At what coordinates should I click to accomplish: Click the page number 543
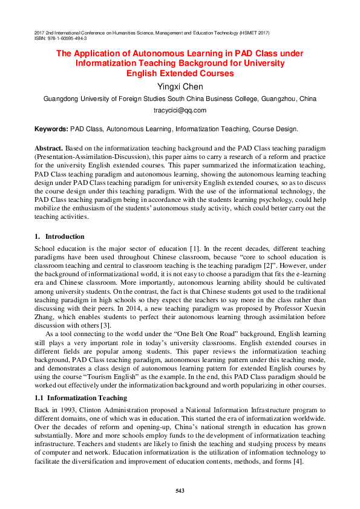pyautogui.click(x=180, y=490)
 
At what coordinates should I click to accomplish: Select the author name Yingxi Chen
pyautogui.click(x=180, y=86)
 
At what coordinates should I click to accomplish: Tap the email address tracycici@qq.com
pyautogui.click(x=180, y=110)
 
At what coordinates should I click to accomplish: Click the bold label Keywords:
pyautogui.click(x=51, y=129)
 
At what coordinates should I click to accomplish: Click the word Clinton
pyautogui.click(x=96, y=409)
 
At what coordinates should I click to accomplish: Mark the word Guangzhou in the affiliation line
pyautogui.click(x=278, y=99)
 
